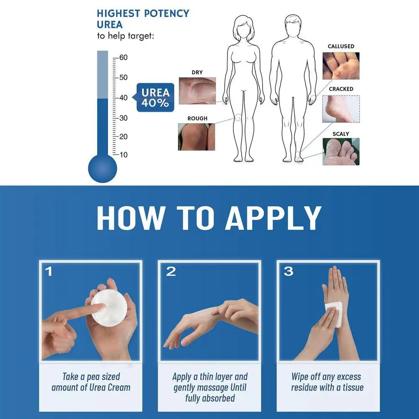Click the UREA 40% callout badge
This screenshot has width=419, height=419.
[155, 97]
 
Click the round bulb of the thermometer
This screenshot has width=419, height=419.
[102, 168]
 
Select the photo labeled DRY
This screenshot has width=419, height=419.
[197, 90]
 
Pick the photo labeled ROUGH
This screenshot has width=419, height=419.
[197, 137]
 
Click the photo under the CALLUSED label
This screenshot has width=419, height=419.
[341, 66]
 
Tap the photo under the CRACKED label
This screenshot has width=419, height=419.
[341, 109]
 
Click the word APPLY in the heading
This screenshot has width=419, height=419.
[273, 218]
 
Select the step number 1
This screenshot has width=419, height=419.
[49, 272]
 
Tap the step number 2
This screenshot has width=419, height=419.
[171, 272]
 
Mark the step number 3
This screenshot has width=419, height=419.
[288, 272]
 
